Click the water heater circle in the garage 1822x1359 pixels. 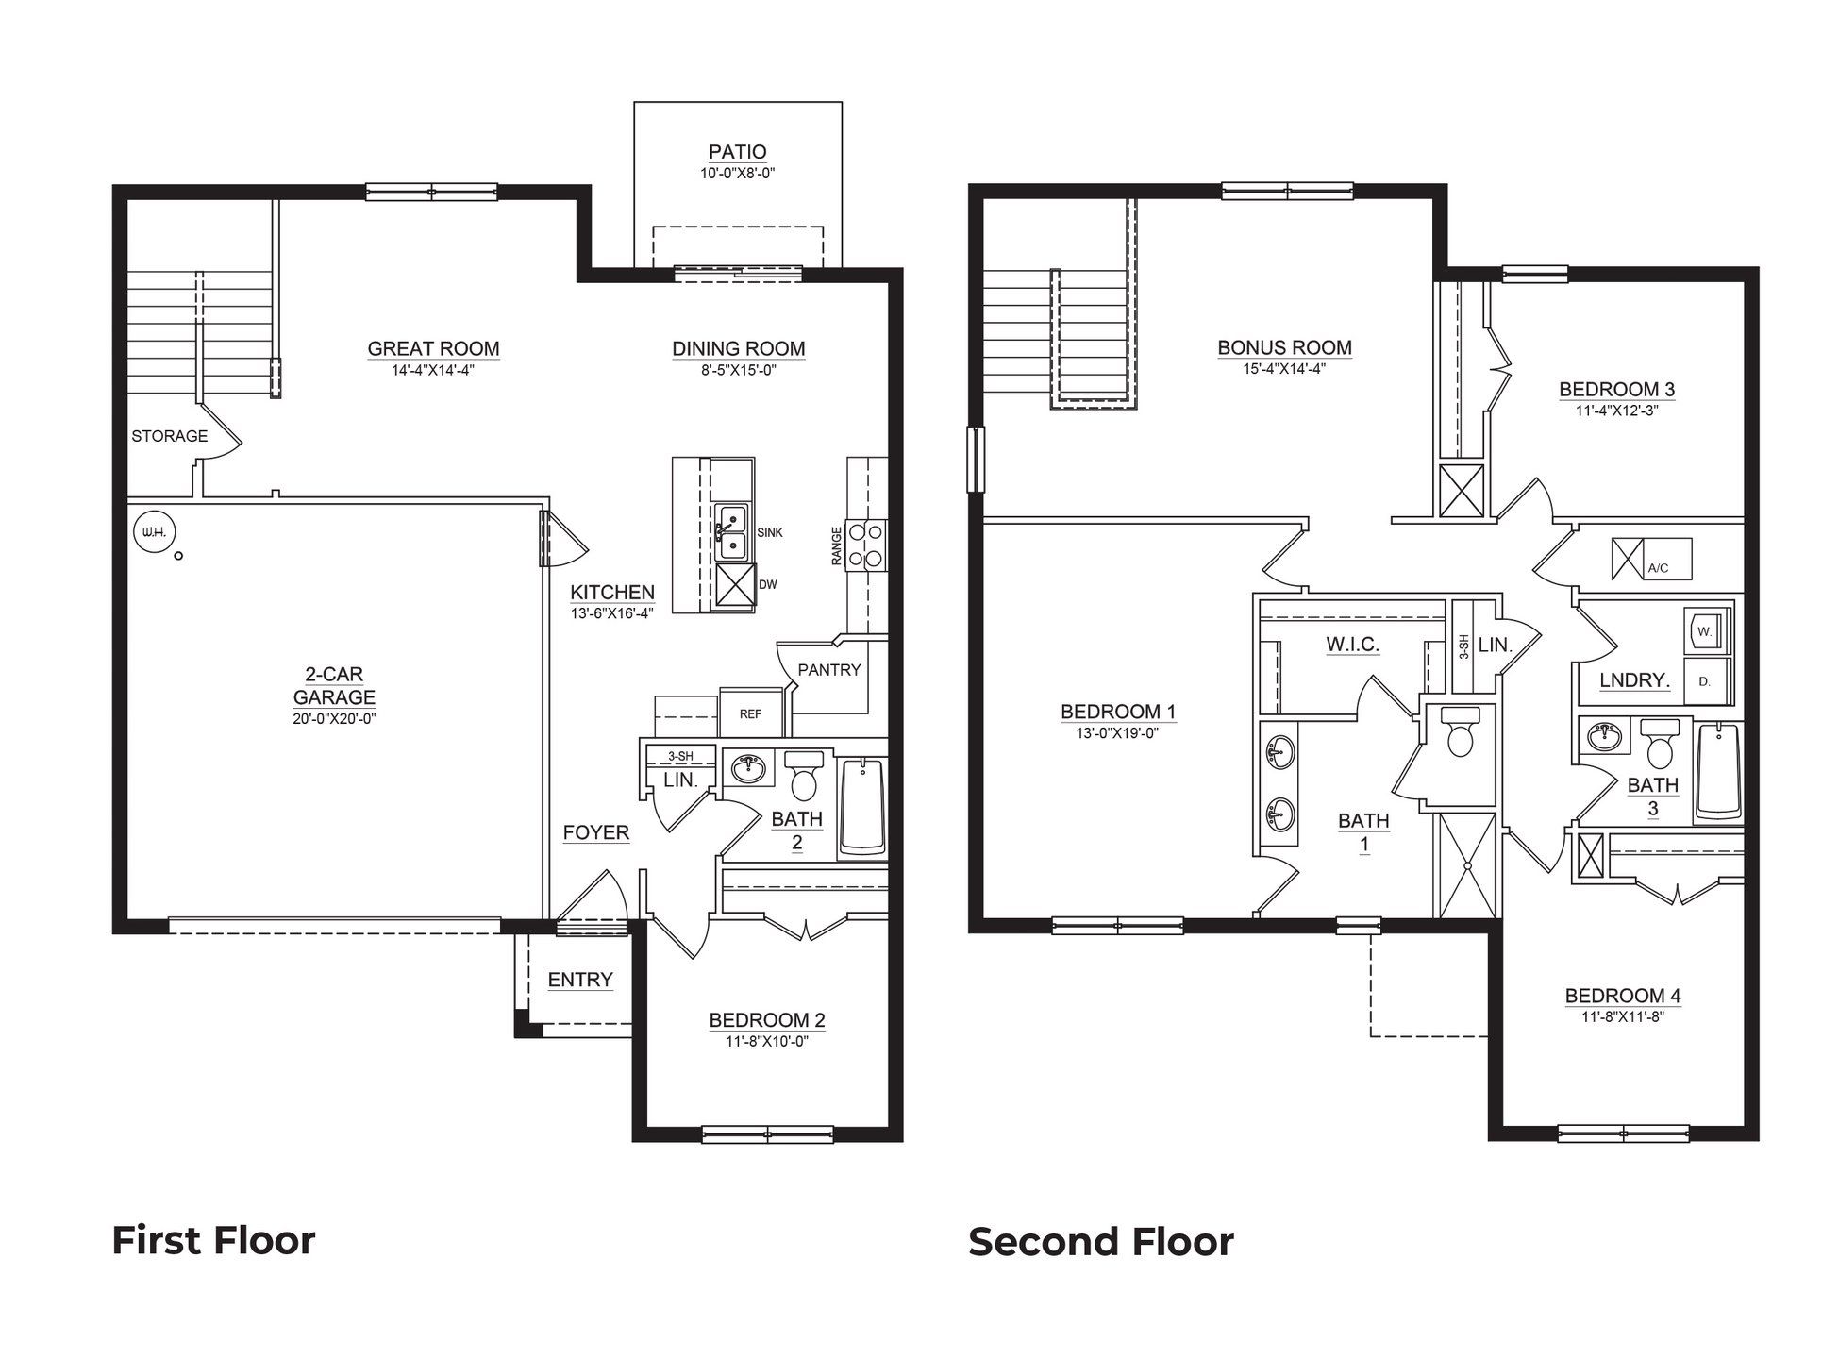tap(154, 533)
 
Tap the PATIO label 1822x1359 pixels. tap(738, 152)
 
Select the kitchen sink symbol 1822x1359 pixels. tap(731, 532)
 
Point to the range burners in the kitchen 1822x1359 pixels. tap(867, 545)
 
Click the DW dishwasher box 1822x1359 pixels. tap(736, 585)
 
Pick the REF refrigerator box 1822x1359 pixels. tap(752, 713)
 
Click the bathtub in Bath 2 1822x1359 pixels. tap(862, 807)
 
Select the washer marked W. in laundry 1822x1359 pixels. tap(1707, 631)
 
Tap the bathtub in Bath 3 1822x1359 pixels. tap(1719, 773)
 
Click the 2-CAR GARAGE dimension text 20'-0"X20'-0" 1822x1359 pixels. tap(334, 719)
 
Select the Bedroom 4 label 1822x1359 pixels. tap(1623, 996)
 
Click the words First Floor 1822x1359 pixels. tap(214, 1240)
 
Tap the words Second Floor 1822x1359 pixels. tap(1101, 1242)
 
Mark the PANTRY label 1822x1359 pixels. tap(829, 670)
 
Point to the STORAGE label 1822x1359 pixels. tap(170, 436)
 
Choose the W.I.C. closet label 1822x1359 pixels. tap(1353, 646)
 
